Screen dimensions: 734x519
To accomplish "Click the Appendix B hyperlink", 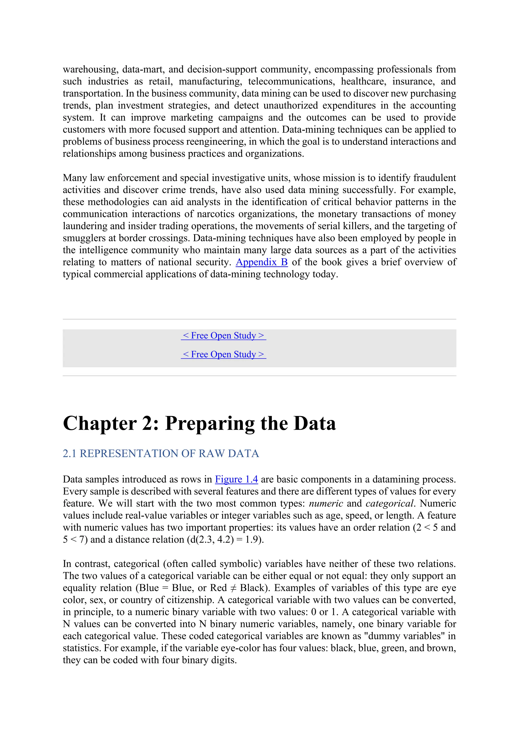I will pyautogui.click(x=262, y=262).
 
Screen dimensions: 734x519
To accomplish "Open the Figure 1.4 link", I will pyautogui.click(x=236, y=479).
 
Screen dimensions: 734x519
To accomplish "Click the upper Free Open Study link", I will pyautogui.click(x=223, y=335).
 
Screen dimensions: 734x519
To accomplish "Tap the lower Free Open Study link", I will pyautogui.click(x=223, y=354).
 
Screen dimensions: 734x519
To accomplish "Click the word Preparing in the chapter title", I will pyautogui.click(x=210, y=423).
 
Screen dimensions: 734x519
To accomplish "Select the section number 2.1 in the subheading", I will pyautogui.click(x=69, y=453).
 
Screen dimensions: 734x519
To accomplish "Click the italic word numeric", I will pyautogui.click(x=326, y=504).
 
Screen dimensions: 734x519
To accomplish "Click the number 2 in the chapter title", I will pyautogui.click(x=148, y=423).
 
